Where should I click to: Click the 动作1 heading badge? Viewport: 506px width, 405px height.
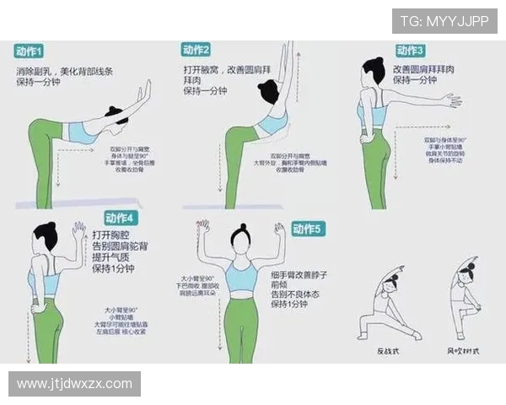coord(30,51)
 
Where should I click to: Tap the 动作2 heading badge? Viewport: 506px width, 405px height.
coord(196,50)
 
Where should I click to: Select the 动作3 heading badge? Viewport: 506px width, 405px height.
coord(409,51)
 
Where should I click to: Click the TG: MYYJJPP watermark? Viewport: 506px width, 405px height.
coord(444,21)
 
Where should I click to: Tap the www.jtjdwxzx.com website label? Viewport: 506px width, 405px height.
coord(74,384)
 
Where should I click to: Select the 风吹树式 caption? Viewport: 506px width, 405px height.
coord(462,349)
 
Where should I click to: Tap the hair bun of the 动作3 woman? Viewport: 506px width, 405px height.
coord(369,62)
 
